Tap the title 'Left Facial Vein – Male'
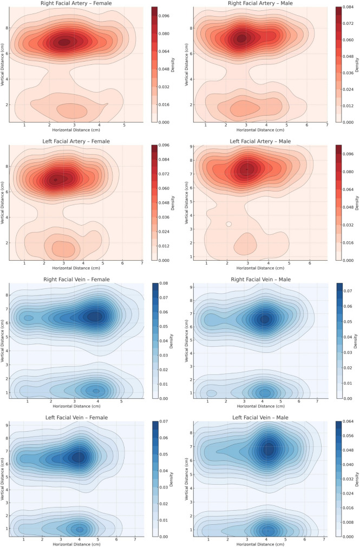(x=260, y=418)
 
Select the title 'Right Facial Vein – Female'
(x=76, y=279)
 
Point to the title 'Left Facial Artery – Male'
(x=260, y=141)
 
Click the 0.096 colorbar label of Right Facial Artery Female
(x=164, y=16)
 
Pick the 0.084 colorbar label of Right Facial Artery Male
(x=348, y=7)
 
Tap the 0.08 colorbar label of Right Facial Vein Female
(x=163, y=284)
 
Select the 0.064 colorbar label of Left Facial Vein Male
(x=348, y=421)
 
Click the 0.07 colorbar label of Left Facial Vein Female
(x=163, y=421)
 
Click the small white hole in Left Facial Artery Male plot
(x=228, y=224)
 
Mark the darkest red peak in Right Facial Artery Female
(x=64, y=42)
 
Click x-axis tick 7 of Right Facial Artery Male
(x=327, y=125)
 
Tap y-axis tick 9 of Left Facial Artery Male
(x=191, y=147)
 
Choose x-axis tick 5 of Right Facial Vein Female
(x=121, y=401)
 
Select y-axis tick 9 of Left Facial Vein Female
(x=6, y=425)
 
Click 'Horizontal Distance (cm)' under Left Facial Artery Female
(x=76, y=268)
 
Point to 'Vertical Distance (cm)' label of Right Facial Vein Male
(x=186, y=341)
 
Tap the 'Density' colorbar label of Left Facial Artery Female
(x=173, y=203)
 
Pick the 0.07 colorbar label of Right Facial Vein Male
(x=348, y=291)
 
